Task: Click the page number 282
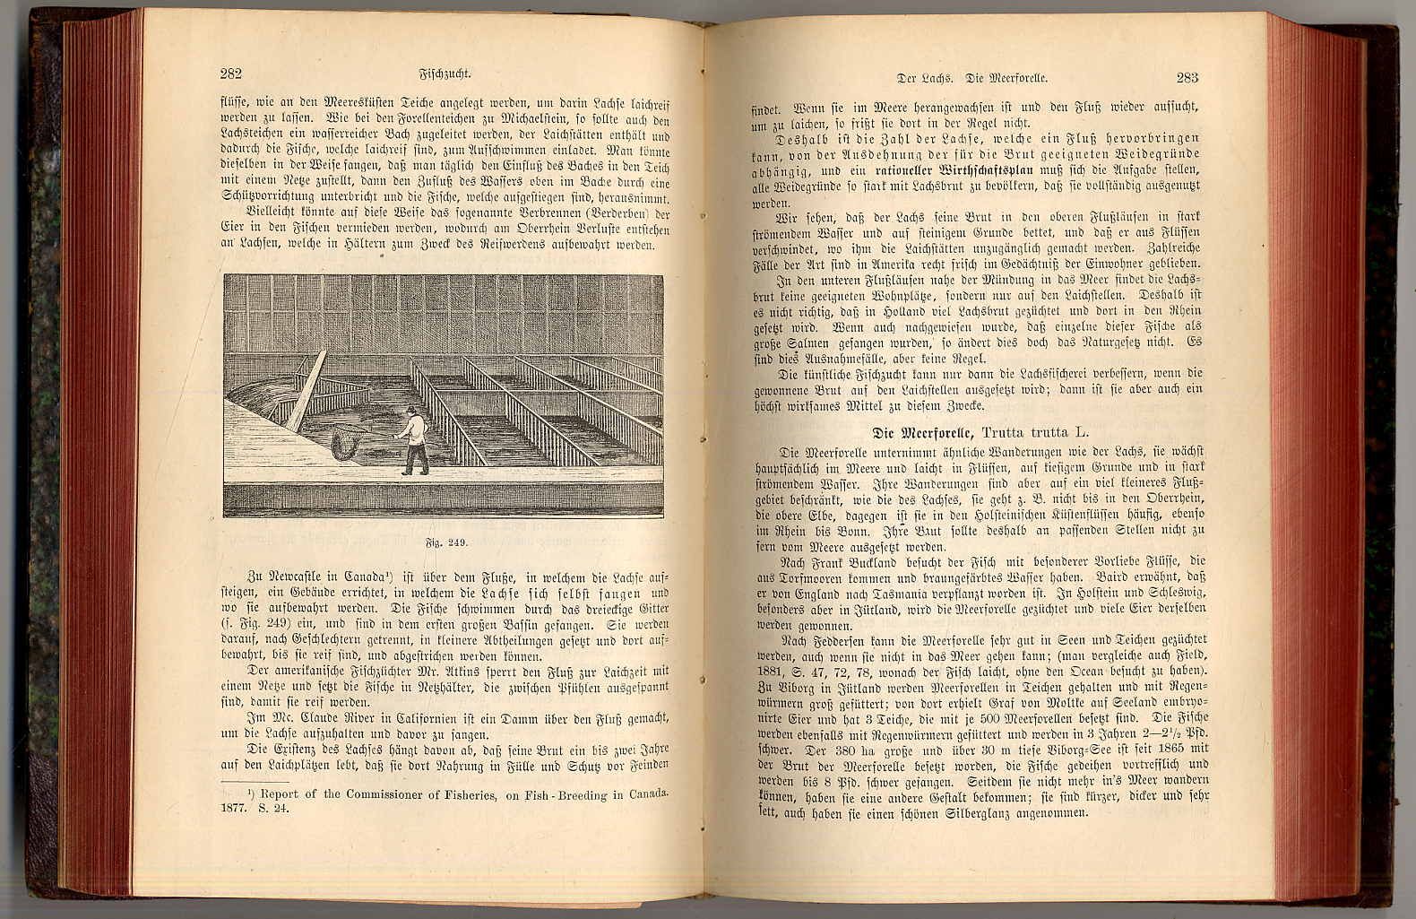pos(230,74)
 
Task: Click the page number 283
pos(1187,78)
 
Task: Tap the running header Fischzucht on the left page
pos(445,75)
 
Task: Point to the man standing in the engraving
pos(414,440)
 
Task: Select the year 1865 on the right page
pos(1157,749)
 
